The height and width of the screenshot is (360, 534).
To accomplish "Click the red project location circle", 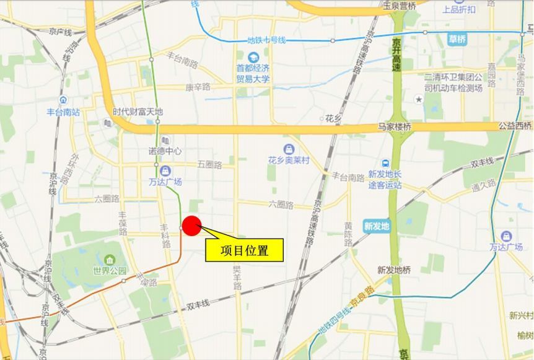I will pyautogui.click(x=192, y=226).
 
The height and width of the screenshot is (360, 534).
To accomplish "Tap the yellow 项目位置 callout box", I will pyautogui.click(x=244, y=250).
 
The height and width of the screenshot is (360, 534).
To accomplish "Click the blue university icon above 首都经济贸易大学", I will pyautogui.click(x=253, y=58).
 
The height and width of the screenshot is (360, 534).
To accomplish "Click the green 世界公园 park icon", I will pyautogui.click(x=110, y=259).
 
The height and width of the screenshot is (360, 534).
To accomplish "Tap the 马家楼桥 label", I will pyautogui.click(x=395, y=126).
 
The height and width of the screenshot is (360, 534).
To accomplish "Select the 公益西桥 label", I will pyautogui.click(x=515, y=126).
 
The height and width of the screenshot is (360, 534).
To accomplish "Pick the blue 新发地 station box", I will pyautogui.click(x=377, y=226).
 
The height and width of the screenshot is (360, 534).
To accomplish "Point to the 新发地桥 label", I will pyautogui.click(x=393, y=270).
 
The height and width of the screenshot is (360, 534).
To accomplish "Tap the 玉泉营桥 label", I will pyautogui.click(x=399, y=6).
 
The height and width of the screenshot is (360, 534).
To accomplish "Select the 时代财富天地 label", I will pyautogui.click(x=138, y=112).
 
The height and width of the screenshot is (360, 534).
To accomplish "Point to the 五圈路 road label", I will pyautogui.click(x=209, y=164).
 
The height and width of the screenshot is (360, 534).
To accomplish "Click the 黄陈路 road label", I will pyautogui.click(x=348, y=234).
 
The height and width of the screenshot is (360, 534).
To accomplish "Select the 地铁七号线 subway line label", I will pyautogui.click(x=266, y=40).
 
